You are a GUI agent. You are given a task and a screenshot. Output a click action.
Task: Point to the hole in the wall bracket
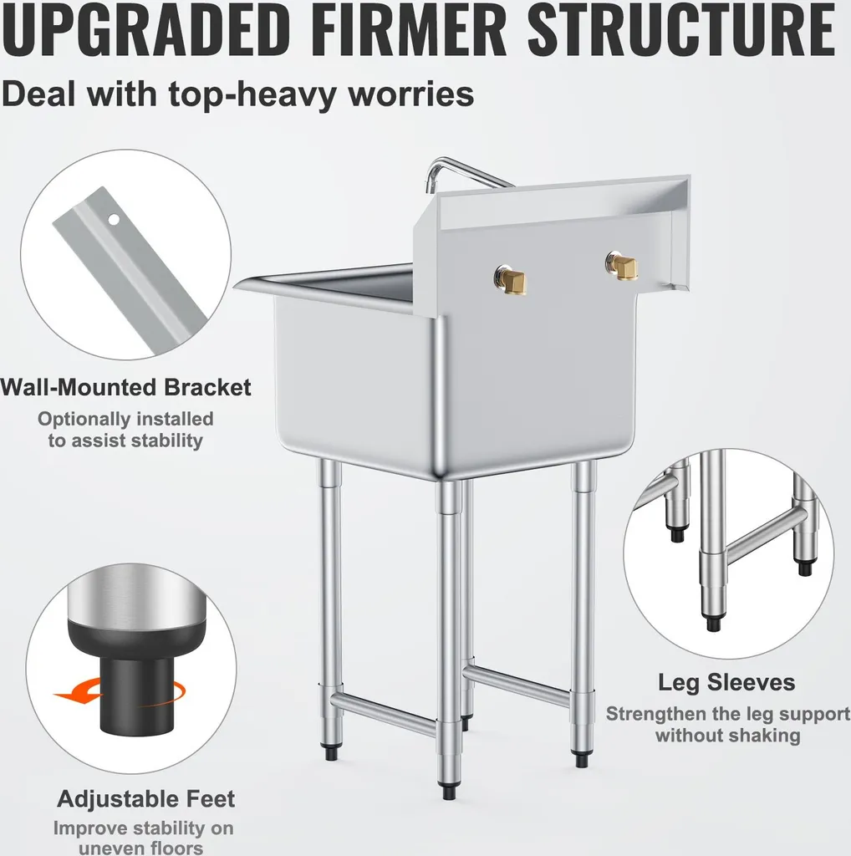114,220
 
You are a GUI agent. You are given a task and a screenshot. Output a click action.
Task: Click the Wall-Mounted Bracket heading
125,387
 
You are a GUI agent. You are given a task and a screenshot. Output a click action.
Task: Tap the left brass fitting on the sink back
512,279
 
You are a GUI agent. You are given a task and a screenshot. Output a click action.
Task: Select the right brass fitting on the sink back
622,265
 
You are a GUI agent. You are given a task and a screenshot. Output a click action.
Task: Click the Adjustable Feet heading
145,799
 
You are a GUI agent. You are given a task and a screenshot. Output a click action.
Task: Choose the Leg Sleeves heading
726,682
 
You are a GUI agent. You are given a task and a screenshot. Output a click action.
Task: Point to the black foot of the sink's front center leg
449,792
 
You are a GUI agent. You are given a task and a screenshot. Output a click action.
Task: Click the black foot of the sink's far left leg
331,752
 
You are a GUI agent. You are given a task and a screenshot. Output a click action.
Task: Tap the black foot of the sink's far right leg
581,759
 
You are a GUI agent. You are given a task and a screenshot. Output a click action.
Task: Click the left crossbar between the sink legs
385,713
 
